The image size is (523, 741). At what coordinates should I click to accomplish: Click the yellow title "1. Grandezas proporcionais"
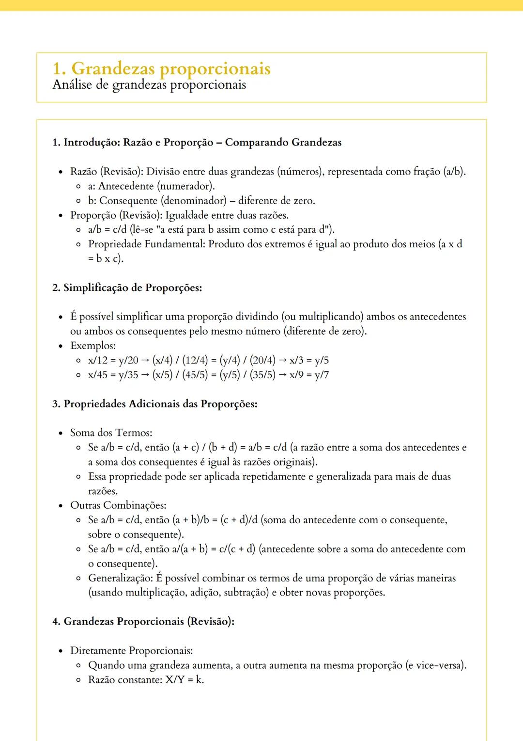pos(161,68)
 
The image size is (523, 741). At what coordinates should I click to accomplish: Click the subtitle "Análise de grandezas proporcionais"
pos(149,85)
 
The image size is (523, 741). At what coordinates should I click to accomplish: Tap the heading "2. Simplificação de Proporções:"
pos(127,288)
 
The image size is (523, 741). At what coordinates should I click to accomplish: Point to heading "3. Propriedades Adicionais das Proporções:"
pos(154,404)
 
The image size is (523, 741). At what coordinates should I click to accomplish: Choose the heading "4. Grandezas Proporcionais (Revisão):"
pos(143,622)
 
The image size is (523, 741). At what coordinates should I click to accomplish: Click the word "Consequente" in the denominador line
pos(128,201)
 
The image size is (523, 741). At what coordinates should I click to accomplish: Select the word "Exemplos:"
pos(93,346)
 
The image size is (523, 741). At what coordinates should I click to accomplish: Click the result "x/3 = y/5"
pos(309,360)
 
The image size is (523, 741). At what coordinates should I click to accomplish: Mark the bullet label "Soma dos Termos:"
pos(111,433)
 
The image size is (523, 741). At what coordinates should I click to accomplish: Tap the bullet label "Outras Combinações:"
pos(118,505)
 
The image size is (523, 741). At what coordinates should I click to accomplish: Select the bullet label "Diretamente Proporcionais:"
pos(131,651)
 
